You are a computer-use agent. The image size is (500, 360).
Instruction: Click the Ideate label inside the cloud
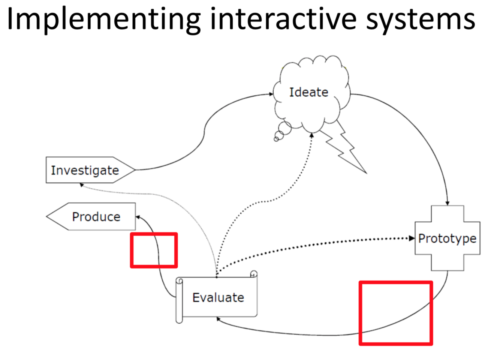pos(308,92)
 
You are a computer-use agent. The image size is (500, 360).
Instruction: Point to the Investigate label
pos(85,170)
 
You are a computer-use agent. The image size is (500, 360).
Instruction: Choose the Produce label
pos(96,217)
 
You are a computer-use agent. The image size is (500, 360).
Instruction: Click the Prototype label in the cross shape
pos(447,238)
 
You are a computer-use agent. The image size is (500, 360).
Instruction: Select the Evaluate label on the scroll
pos(218,298)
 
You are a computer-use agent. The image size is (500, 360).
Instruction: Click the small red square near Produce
pos(154,250)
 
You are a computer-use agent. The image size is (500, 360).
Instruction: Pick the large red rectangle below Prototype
pos(396,313)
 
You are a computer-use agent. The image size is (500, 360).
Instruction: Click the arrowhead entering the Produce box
pos(138,217)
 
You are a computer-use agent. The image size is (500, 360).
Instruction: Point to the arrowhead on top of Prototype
pos(447,203)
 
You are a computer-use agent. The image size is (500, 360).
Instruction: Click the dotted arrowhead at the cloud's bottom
pos(311,135)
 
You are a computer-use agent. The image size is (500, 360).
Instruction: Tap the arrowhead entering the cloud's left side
pos(271,94)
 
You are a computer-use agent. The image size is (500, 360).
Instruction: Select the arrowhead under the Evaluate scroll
pos(218,319)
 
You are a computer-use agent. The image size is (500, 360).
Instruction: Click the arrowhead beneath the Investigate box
pos(81,185)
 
